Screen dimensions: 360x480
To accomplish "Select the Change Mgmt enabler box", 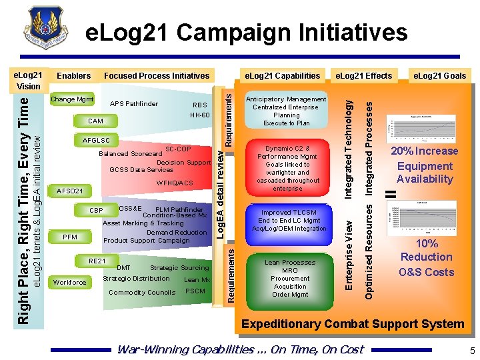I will click(x=72, y=99).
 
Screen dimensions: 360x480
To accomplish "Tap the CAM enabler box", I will click(x=95, y=121).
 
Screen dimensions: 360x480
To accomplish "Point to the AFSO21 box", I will click(x=70, y=191).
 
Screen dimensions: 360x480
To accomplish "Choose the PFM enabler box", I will click(x=69, y=237).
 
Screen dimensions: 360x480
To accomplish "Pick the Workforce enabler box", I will click(x=70, y=282).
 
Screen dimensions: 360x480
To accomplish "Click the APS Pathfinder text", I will click(x=134, y=104).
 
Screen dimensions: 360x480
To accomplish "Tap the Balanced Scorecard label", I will click(x=130, y=154).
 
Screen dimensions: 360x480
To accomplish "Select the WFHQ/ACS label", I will click(x=175, y=183).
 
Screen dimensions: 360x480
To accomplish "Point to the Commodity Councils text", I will click(x=141, y=293).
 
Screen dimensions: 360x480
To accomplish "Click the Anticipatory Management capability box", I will click(x=286, y=111).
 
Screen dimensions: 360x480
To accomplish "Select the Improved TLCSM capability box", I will click(x=289, y=221).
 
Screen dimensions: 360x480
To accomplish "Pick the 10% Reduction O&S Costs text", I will click(x=426, y=257).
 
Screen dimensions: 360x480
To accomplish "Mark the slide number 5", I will click(x=472, y=351).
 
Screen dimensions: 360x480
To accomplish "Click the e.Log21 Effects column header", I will click(x=363, y=75).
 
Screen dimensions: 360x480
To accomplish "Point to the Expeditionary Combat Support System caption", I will click(x=353, y=324).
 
